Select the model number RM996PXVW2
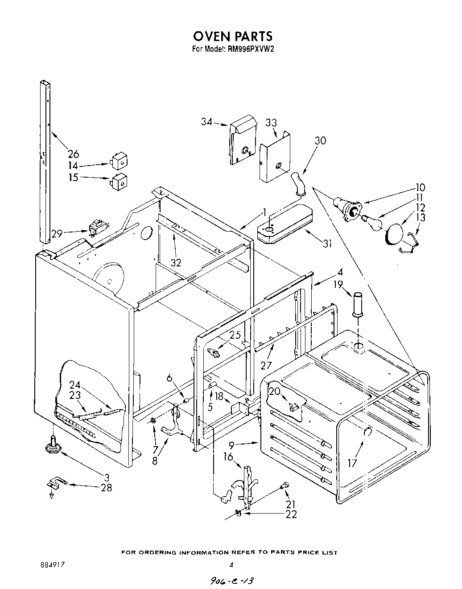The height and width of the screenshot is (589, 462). [x=250, y=50]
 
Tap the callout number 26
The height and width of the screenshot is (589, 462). [x=73, y=154]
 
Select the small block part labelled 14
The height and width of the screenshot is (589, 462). [x=119, y=161]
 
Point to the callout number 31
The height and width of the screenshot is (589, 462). [x=328, y=244]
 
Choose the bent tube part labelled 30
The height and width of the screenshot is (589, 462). [x=298, y=183]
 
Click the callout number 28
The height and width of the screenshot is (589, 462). [x=106, y=487]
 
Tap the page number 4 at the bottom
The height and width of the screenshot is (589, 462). [x=231, y=564]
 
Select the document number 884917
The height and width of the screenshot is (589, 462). [x=53, y=564]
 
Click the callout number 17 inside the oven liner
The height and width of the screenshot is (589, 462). [x=352, y=463]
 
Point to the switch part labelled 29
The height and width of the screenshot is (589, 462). [x=96, y=228]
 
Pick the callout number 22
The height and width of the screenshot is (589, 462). [x=291, y=514]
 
